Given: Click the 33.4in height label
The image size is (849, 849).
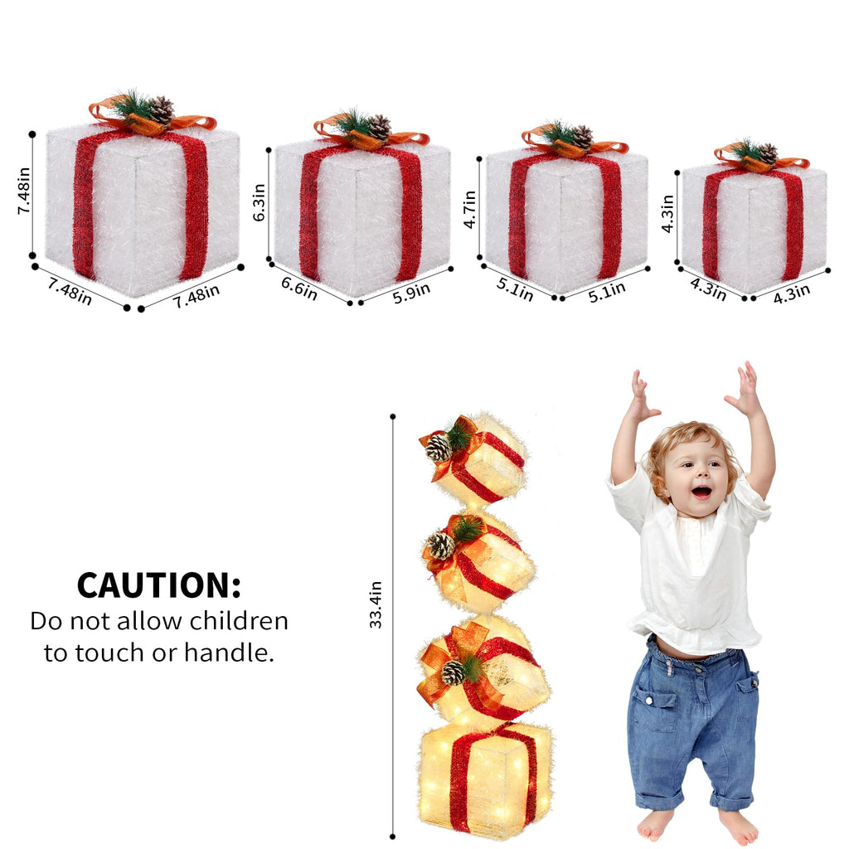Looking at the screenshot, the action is click(376, 604).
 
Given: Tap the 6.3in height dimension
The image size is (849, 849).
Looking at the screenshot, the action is click(260, 202).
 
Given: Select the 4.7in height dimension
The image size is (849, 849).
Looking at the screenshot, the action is click(469, 209).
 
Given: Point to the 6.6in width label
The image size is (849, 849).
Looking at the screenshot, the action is click(298, 288).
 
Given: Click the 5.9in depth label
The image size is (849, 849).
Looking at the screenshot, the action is click(411, 293).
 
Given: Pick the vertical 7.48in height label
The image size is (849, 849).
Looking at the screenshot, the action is click(24, 191).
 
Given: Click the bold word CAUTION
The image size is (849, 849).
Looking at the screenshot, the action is click(158, 585).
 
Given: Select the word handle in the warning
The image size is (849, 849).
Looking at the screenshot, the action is click(229, 653).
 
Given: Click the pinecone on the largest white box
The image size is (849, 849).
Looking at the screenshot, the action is click(161, 110).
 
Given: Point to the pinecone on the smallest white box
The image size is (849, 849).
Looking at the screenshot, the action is click(768, 153).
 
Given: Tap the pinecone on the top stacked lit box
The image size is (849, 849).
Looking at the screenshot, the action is click(438, 447).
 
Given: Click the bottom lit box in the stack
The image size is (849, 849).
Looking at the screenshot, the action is click(486, 777).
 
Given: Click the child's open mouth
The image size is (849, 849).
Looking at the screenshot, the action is click(701, 492).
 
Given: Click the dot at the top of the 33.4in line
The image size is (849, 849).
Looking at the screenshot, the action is click(392, 416).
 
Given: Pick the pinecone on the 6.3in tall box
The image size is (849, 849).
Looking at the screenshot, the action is click(379, 128).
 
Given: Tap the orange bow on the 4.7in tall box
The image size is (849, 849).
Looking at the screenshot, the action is click(574, 145).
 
